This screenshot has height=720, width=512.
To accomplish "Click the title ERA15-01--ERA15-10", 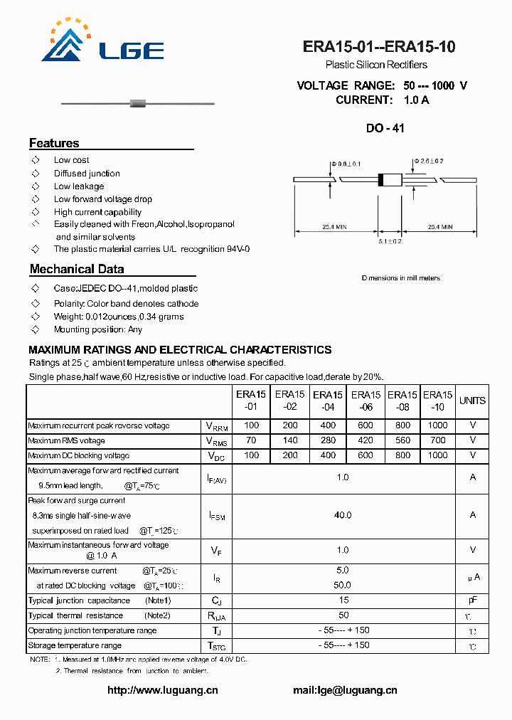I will (x=379, y=47).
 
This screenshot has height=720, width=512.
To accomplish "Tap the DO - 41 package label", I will (x=385, y=129).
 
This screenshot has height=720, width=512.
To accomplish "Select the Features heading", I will (x=54, y=143).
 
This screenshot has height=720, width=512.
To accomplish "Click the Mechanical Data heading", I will (x=77, y=269).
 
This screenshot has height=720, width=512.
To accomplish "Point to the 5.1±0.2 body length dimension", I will (x=390, y=241).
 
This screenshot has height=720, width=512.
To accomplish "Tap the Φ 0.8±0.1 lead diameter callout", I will (x=345, y=164).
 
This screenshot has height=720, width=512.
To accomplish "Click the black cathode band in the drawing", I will (x=381, y=180).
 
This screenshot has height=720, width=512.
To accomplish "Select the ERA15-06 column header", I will (x=366, y=401).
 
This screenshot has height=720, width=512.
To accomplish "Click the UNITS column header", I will (x=472, y=401).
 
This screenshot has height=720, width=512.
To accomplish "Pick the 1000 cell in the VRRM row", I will (x=438, y=425).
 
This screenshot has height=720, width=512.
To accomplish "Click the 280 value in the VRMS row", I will (x=328, y=440).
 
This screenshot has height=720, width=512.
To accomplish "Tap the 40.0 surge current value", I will (x=343, y=515).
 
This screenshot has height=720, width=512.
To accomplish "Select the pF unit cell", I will (x=472, y=600).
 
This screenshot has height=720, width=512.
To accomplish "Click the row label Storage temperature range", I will (x=75, y=645).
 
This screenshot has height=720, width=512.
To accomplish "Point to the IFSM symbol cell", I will (x=216, y=516).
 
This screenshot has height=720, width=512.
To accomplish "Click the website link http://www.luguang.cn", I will (x=162, y=690).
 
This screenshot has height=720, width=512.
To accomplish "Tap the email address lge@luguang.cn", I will (x=345, y=690).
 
